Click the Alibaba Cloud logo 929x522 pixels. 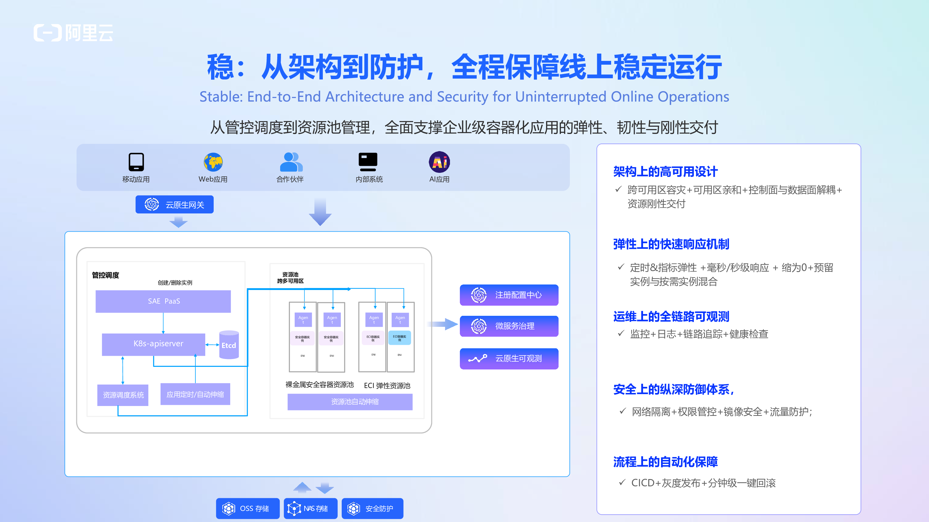pos(73,33)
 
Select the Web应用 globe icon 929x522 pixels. pos(213,162)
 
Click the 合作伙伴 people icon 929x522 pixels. pos(291,162)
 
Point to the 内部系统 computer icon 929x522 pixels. pos(368,162)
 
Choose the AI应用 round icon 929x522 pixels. pos(439,162)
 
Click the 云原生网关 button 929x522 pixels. pos(174,205)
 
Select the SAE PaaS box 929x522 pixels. pos(163,301)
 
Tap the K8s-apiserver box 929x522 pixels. pos(154,344)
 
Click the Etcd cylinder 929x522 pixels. pos(229,345)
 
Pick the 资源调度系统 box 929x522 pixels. pos(123,395)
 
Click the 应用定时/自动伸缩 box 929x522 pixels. pos(195,394)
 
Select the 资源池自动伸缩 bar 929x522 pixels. pos(350,402)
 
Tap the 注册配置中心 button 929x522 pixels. pos(509,295)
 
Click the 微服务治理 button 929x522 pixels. pos(509,326)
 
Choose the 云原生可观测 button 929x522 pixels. pos(509,358)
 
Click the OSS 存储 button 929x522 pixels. pos(248,508)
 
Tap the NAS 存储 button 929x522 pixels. pos(311,508)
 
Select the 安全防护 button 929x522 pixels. pos(372,508)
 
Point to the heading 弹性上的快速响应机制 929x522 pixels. pos(671,244)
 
